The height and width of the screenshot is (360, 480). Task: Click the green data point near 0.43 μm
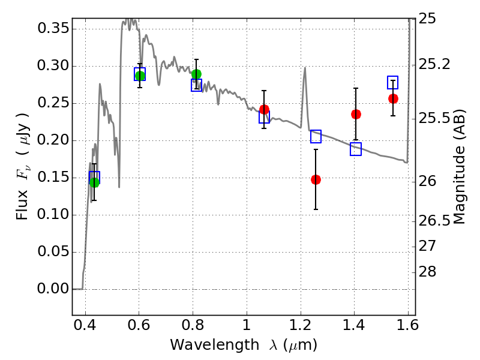[94, 182]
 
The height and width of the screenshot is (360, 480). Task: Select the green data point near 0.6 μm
[140, 76]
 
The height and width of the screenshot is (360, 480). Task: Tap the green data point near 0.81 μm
[196, 74]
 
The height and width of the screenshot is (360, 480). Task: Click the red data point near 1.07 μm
[264, 109]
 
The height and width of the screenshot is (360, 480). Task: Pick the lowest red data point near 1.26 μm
[316, 179]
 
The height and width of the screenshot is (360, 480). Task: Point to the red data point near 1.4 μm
[356, 114]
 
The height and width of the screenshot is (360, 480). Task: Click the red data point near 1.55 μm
[393, 98]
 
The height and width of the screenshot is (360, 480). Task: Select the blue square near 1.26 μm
[316, 136]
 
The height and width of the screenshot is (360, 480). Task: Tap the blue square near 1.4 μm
[356, 149]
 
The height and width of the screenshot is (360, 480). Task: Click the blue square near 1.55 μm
[393, 83]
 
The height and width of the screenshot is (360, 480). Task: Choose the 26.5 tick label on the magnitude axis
[437, 221]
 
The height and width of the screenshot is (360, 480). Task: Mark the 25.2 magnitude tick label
[437, 64]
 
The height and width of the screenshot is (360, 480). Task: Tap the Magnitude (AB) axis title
[459, 167]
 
